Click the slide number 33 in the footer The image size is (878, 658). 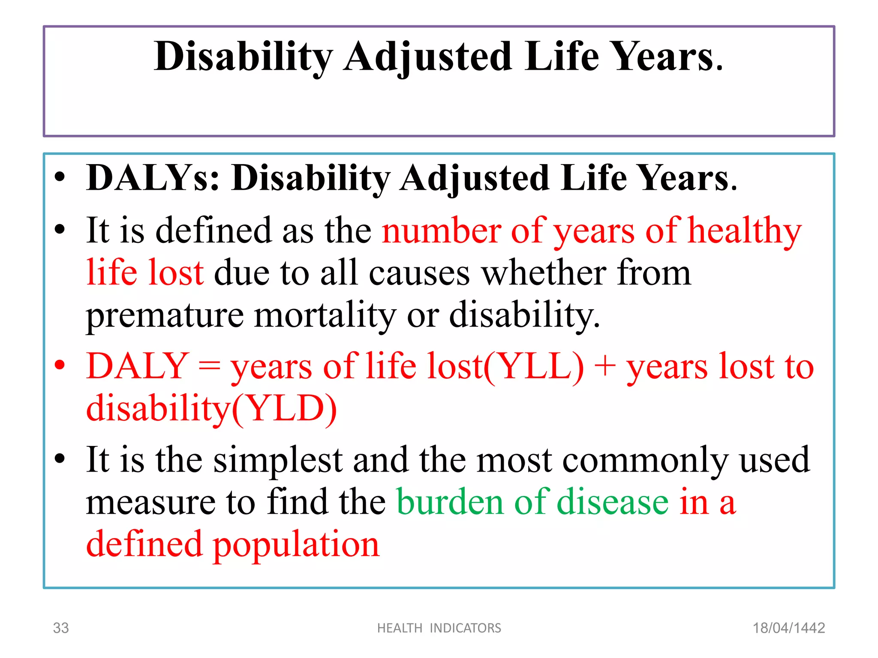60,628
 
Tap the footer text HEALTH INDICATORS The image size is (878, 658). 439,628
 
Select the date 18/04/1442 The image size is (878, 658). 789,628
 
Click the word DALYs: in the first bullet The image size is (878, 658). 153,178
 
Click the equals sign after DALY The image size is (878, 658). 209,367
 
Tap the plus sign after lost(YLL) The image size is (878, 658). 605,367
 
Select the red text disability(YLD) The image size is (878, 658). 211,408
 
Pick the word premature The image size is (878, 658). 165,315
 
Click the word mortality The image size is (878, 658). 325,315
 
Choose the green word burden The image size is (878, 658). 449,502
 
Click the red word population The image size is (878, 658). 296,545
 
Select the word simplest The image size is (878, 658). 278,460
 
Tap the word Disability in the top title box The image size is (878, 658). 243,57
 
